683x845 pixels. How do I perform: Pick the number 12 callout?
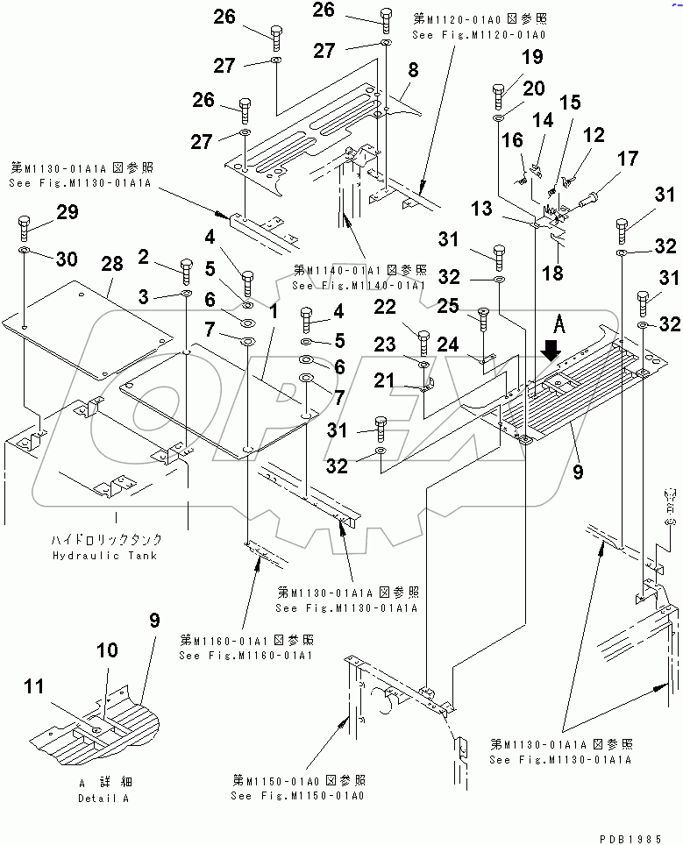(594, 135)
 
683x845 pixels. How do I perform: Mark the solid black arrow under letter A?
(550, 351)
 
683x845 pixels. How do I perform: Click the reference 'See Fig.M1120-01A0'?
(479, 34)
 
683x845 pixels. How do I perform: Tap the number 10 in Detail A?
(106, 650)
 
